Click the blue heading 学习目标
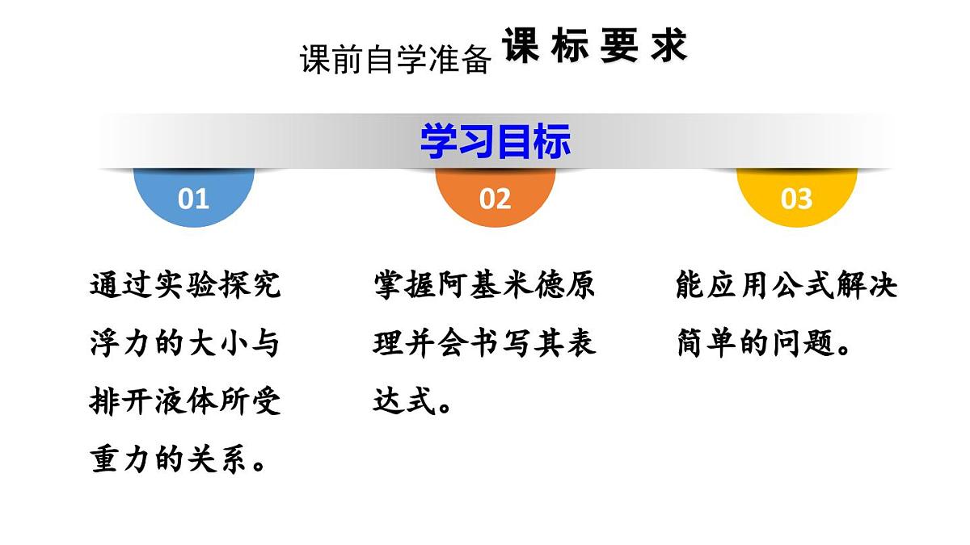click(x=495, y=141)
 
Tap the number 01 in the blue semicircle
click(x=193, y=199)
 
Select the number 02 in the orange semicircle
click(x=495, y=199)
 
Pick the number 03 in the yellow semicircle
click(x=796, y=199)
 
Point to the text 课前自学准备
click(x=395, y=60)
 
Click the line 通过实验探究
click(x=185, y=285)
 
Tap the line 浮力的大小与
click(x=185, y=343)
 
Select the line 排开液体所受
click(x=185, y=401)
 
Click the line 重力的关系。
click(x=179, y=460)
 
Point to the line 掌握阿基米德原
click(x=484, y=285)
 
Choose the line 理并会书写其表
click(x=484, y=343)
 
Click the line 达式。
click(x=413, y=401)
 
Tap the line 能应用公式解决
click(x=787, y=285)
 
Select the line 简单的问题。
click(x=764, y=343)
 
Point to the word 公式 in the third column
click(x=787, y=285)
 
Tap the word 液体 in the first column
click(x=185, y=401)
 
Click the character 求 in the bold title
click(x=668, y=47)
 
